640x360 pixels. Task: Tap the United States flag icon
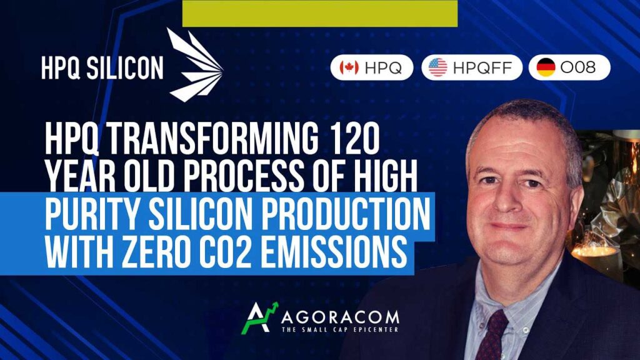438,67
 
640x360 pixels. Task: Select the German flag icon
546,67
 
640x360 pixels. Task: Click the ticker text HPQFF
482,67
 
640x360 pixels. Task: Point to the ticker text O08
578,67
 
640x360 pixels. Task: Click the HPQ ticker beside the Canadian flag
383,67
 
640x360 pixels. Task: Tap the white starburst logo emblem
195,64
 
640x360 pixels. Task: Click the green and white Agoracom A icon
259,317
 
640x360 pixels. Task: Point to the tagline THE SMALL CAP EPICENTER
340,329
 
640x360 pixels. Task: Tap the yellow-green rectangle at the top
320,14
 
